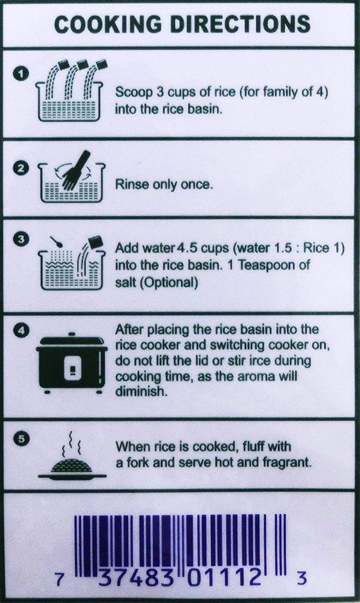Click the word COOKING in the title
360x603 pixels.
tap(108, 24)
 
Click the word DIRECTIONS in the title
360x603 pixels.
tap(240, 24)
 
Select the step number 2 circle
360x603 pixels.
tap(20, 168)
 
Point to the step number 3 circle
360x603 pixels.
tap(20, 240)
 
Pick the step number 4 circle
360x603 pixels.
tap(20, 330)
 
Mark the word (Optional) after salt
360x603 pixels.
tap(169, 283)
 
